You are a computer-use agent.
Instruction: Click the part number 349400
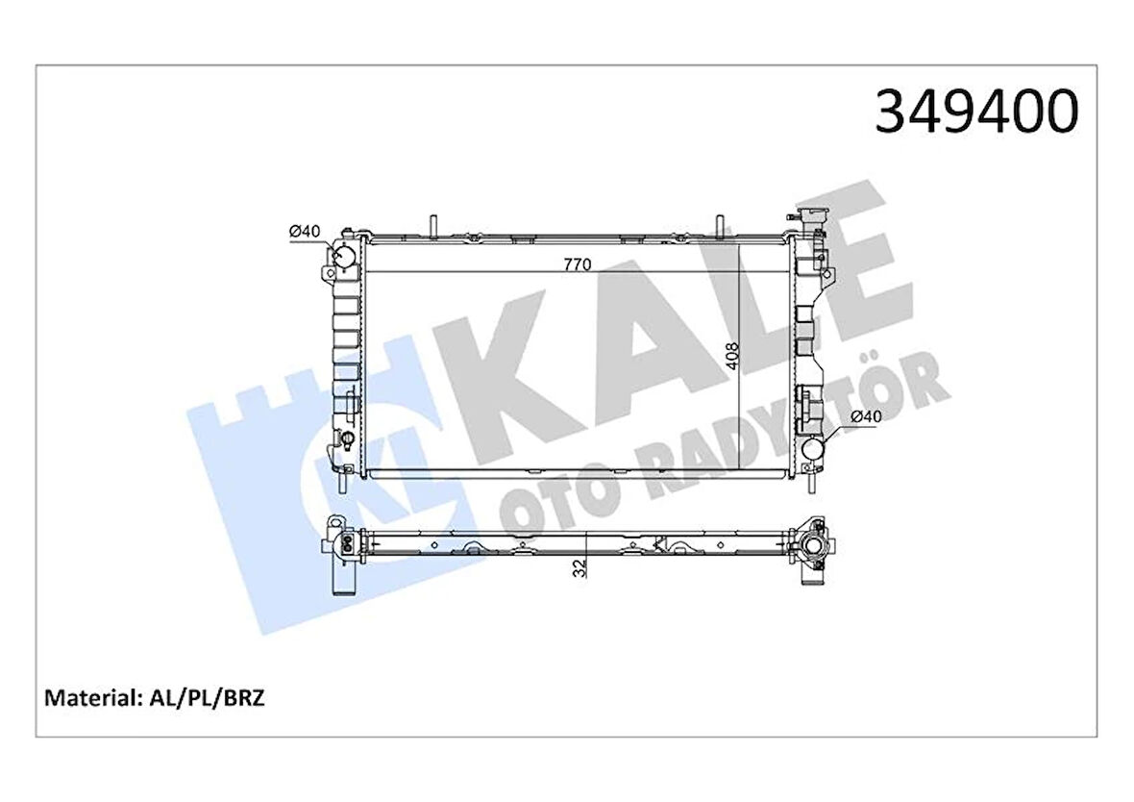point(976,113)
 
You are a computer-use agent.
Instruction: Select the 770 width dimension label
point(578,264)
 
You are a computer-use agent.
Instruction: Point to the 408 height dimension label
point(731,356)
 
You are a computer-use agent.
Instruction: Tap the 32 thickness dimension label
point(579,567)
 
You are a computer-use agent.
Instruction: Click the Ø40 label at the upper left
point(304,232)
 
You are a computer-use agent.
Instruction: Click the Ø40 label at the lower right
point(866,416)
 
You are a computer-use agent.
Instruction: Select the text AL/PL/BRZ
point(206,698)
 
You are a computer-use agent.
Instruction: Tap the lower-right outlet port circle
point(814,449)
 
